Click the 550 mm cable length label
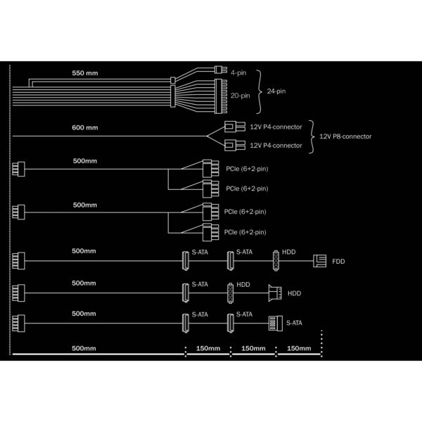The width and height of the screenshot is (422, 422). click(x=85, y=73)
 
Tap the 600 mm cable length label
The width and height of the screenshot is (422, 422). click(x=85, y=127)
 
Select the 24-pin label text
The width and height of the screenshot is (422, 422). click(x=276, y=91)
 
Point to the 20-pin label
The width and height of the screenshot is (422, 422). click(x=241, y=96)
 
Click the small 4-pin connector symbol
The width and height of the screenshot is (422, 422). click(x=221, y=70)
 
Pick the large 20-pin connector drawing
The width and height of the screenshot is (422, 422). click(x=221, y=96)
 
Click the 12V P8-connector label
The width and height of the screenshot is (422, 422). click(x=345, y=136)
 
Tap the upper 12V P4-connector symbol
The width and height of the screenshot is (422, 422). click(x=235, y=127)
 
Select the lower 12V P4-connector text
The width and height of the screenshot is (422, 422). click(x=276, y=146)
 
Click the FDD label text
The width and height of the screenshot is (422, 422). click(x=338, y=262)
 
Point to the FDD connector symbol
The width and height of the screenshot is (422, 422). click(x=320, y=261)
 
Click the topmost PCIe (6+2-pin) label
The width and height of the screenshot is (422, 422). click(x=247, y=169)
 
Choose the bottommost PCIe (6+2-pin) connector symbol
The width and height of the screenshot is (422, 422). click(x=211, y=232)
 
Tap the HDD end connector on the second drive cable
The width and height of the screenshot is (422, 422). click(x=275, y=293)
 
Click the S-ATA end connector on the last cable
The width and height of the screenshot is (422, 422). click(x=276, y=324)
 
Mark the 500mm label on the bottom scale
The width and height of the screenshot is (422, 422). click(x=84, y=348)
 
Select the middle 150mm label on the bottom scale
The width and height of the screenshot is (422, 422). click(x=253, y=348)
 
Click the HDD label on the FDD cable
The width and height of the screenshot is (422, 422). click(x=289, y=252)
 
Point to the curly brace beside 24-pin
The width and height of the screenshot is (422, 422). click(x=259, y=91)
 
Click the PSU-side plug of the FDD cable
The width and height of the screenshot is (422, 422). click(x=18, y=261)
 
